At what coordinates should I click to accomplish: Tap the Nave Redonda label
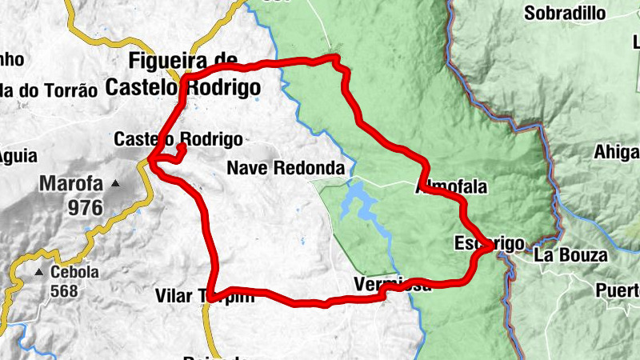coord(286,168)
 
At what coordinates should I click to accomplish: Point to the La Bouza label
coord(570,256)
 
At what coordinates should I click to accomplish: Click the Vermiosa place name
coord(392,285)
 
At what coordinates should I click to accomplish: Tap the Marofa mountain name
coord(71,185)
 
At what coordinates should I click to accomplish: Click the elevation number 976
coord(86,209)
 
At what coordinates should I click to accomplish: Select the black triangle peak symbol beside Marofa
coord(115,184)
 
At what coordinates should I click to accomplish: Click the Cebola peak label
coord(74,272)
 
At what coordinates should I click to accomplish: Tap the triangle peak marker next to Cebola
coord(38,273)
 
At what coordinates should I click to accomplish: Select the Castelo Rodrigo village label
coord(178,138)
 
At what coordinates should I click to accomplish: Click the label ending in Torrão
coord(48,90)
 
